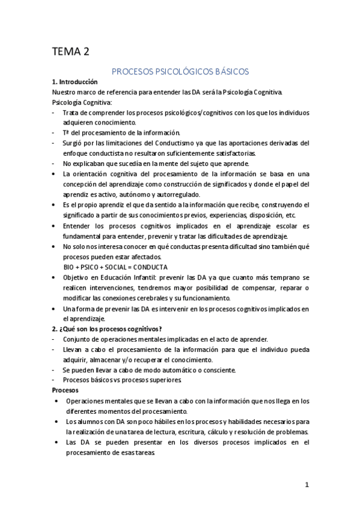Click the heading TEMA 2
pyautogui.click(x=70, y=52)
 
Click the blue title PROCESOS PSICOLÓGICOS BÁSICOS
pyautogui.click(x=180, y=71)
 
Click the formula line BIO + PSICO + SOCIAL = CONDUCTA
pyautogui.click(x=115, y=266)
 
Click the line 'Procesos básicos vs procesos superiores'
pyautogui.click(x=121, y=380)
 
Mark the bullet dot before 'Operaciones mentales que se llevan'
pyautogui.click(x=56, y=401)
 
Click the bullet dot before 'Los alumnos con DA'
pyautogui.click(x=56, y=422)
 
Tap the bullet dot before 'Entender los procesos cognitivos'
pyautogui.click(x=56, y=226)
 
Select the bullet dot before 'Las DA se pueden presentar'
pyautogui.click(x=56, y=442)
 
